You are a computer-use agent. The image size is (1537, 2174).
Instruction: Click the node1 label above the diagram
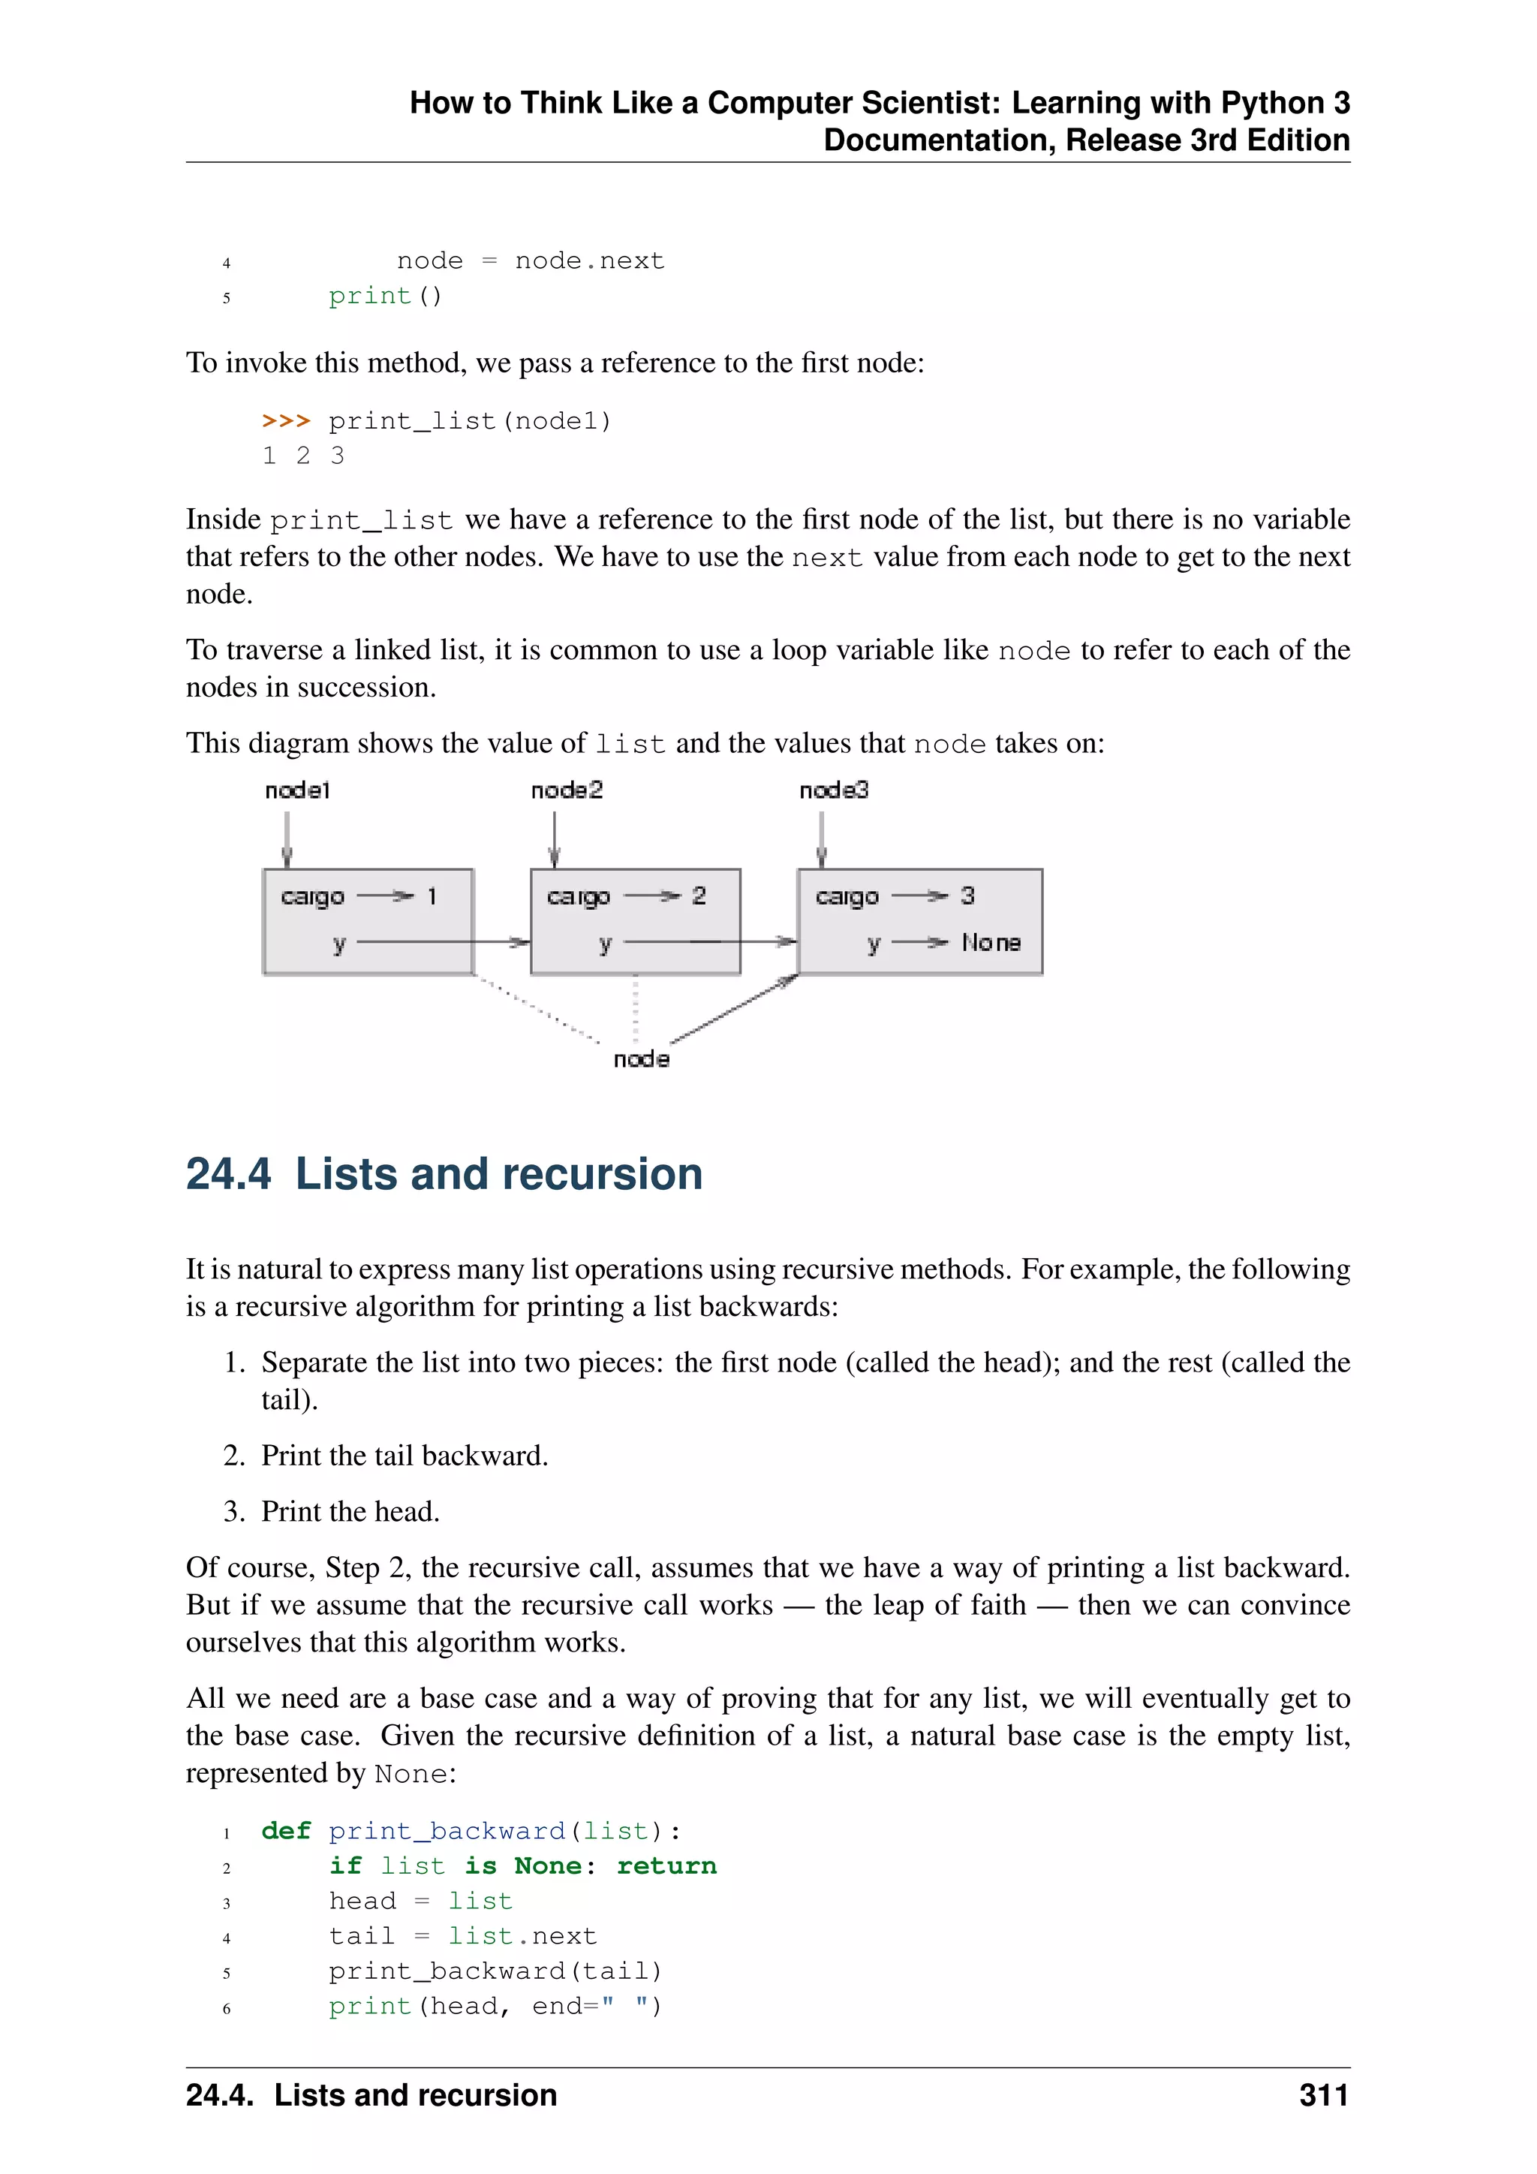click(297, 790)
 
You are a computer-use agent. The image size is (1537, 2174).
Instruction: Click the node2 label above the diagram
click(566, 790)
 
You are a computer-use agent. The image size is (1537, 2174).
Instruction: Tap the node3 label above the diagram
click(833, 790)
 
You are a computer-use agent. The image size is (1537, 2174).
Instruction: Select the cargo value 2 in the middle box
click(699, 896)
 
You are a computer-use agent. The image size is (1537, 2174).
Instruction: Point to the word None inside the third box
click(991, 942)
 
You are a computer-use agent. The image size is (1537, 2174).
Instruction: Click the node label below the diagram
click(641, 1059)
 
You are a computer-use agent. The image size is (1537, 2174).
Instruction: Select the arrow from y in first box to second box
click(440, 942)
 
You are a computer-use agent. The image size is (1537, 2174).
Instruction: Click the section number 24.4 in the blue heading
click(228, 1174)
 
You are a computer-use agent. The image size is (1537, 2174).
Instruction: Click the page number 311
click(1323, 2094)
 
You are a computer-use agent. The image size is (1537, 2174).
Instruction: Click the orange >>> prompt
click(286, 420)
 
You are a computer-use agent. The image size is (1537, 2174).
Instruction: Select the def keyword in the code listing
click(286, 1830)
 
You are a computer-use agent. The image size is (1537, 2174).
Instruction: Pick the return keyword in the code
click(666, 1865)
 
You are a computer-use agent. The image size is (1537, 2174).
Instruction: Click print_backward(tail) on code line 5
click(495, 1971)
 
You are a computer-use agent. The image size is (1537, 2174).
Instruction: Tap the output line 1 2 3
click(303, 456)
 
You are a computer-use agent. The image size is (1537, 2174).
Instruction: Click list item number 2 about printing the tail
click(404, 1456)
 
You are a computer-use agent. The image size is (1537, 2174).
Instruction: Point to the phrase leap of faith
click(925, 1605)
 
